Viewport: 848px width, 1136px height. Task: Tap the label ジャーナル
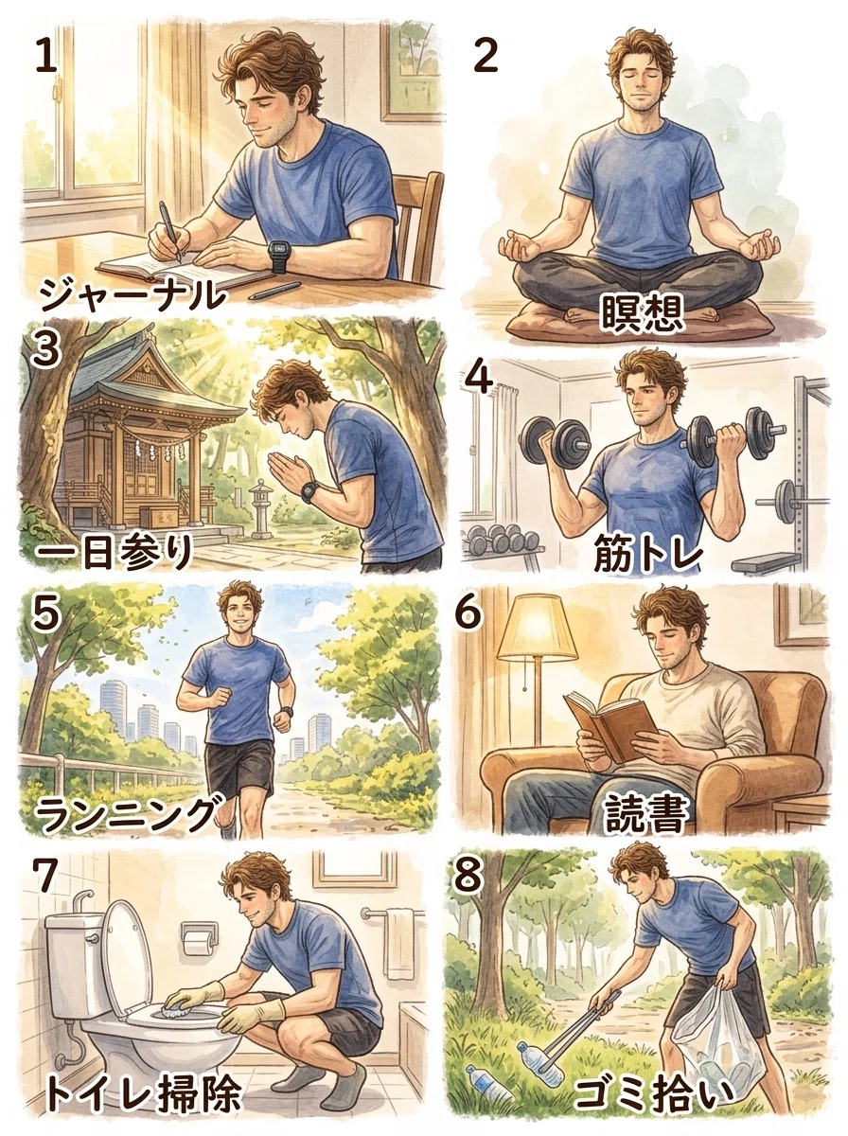click(132, 295)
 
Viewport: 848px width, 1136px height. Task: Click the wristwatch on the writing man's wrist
click(280, 257)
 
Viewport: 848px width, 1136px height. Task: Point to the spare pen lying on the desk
click(274, 291)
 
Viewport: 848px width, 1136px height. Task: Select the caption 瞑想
click(643, 313)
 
